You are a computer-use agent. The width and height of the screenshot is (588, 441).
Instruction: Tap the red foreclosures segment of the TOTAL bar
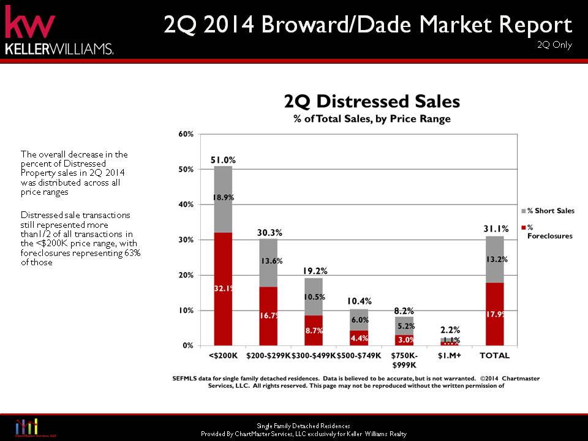click(495, 314)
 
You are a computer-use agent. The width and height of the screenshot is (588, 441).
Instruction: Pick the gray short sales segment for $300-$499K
click(314, 297)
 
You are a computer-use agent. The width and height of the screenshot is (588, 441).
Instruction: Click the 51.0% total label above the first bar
click(223, 160)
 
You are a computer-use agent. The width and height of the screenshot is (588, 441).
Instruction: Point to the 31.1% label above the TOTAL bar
click(496, 229)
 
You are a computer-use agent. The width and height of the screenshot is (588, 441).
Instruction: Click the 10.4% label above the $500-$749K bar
click(360, 301)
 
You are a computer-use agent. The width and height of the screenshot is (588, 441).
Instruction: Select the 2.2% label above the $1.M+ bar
click(450, 330)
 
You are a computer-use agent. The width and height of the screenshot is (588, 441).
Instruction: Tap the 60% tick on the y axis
click(186, 134)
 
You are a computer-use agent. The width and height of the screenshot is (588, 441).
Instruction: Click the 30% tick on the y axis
click(186, 240)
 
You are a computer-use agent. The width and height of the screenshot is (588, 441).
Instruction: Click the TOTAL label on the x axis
click(495, 355)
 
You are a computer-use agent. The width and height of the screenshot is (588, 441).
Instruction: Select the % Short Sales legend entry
click(551, 211)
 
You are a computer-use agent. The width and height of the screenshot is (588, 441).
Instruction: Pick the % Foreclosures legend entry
click(549, 232)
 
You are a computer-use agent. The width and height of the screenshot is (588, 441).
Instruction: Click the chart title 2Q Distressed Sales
click(372, 101)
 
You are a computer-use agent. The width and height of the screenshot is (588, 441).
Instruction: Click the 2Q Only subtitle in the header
click(554, 45)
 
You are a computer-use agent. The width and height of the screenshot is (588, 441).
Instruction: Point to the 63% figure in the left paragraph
click(133, 253)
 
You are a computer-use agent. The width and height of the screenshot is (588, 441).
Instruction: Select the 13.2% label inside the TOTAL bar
click(495, 258)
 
